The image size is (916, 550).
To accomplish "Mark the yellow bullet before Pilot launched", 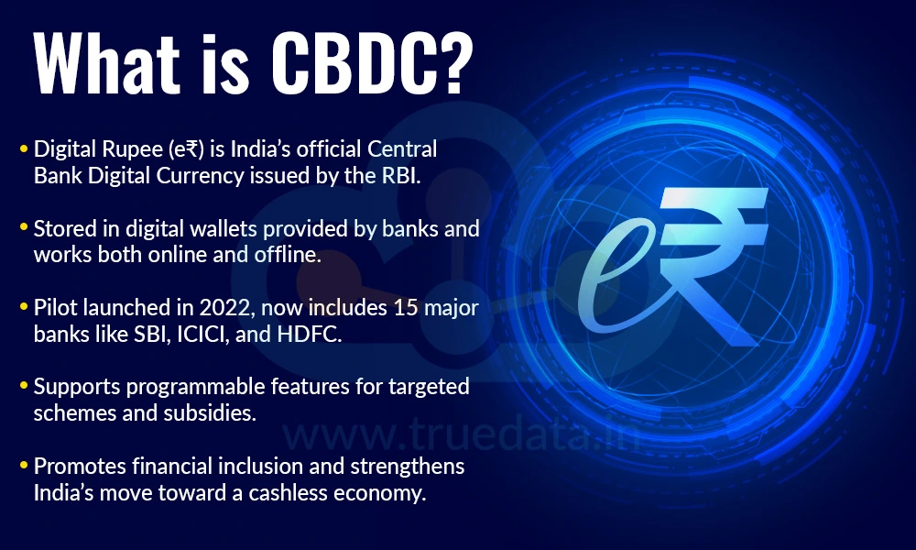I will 23,306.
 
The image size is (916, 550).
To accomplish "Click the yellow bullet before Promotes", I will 23,466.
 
